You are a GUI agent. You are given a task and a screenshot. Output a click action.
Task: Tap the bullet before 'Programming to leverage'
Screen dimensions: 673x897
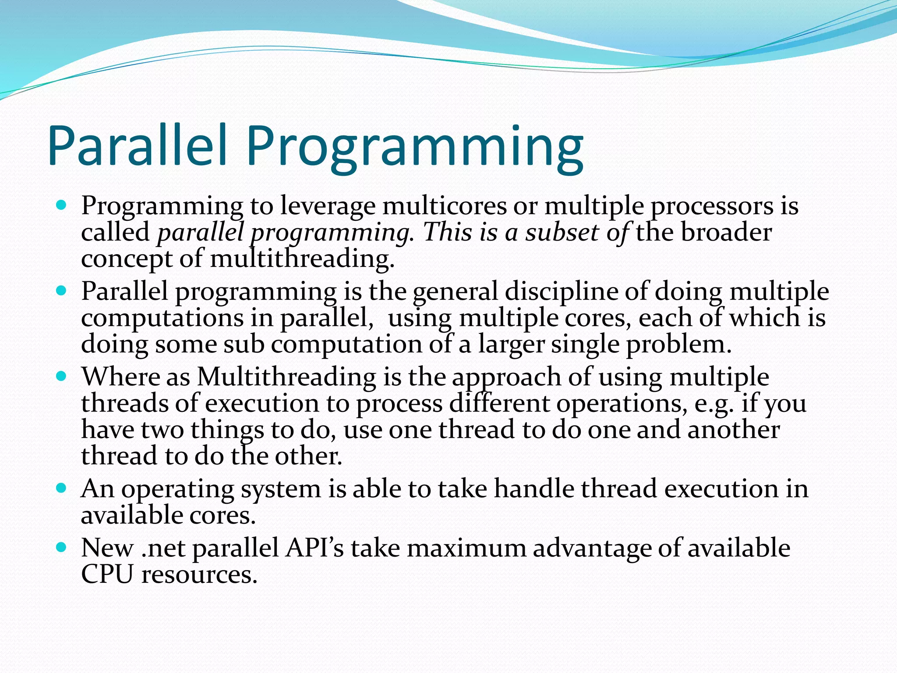pyautogui.click(x=61, y=205)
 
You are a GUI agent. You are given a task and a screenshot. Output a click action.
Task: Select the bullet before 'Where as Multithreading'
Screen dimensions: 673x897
pyautogui.click(x=61, y=376)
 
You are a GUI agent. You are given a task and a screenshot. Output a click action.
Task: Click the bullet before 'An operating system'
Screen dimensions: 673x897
pyautogui.click(x=61, y=488)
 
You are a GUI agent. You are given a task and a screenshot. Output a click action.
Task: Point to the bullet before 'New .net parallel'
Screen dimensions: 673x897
pyautogui.click(x=61, y=547)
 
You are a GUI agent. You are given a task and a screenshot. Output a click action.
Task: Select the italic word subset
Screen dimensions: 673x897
pyautogui.click(x=562, y=232)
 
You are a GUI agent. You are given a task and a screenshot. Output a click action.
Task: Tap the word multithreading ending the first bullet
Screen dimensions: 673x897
pyautogui.click(x=302, y=259)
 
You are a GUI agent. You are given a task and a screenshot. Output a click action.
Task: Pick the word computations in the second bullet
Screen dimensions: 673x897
pyautogui.click(x=162, y=318)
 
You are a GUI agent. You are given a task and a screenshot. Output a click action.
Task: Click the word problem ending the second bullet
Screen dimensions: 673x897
pyautogui.click(x=678, y=344)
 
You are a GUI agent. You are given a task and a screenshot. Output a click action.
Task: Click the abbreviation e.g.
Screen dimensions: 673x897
pyautogui.click(x=713, y=404)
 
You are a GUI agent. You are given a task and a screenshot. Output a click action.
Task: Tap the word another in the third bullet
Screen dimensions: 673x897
pyautogui.click(x=733, y=430)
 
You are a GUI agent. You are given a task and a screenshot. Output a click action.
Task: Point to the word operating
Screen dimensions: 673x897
pyautogui.click(x=178, y=489)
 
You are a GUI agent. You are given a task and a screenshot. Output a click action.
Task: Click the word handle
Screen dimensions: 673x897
pyautogui.click(x=534, y=489)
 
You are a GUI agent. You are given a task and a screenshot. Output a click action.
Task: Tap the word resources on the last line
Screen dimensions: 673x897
pyautogui.click(x=199, y=574)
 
